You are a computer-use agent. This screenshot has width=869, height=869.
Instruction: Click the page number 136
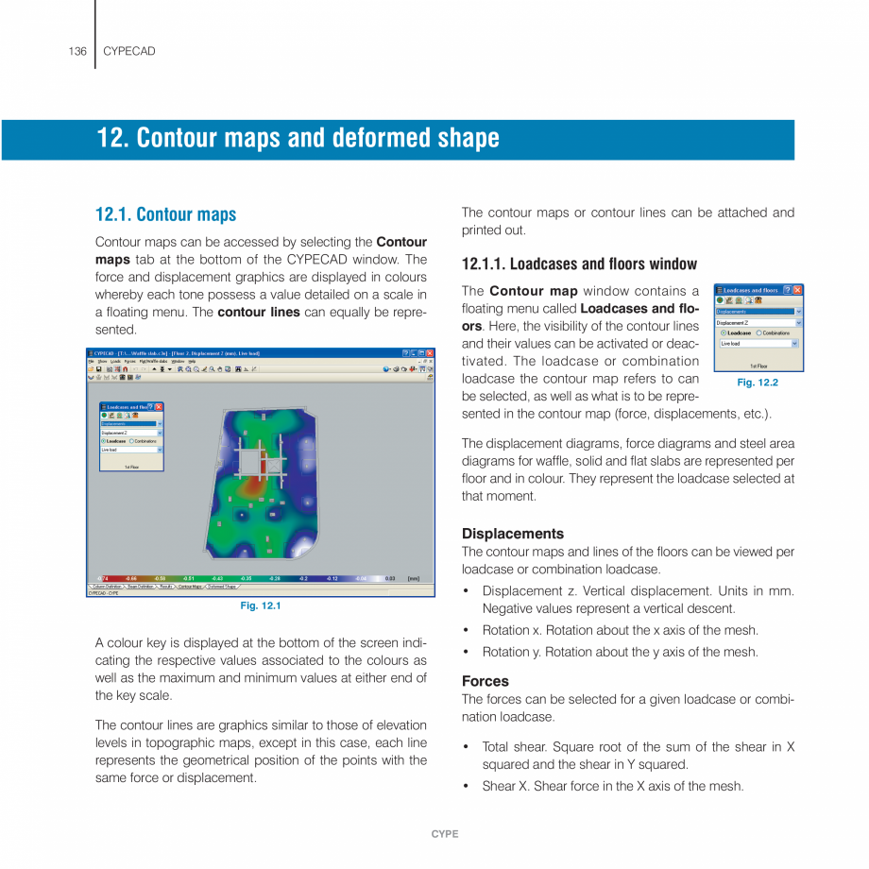click(x=77, y=51)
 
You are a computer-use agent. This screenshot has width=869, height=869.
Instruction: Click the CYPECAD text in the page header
click(x=128, y=51)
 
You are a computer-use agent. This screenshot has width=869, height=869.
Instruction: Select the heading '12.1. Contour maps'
click(x=165, y=214)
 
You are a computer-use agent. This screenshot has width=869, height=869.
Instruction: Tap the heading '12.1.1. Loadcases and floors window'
click(x=578, y=264)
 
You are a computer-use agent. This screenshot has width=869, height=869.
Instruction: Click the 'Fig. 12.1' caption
click(x=260, y=605)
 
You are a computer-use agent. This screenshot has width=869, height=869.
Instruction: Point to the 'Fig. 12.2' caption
click(x=757, y=383)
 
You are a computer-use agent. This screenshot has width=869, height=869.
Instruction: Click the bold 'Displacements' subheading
click(x=512, y=534)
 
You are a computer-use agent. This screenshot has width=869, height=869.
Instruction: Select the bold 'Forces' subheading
click(x=485, y=681)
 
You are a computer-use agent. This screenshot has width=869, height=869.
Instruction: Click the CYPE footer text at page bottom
click(x=444, y=834)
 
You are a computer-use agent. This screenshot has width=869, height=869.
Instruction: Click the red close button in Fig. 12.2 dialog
click(x=797, y=290)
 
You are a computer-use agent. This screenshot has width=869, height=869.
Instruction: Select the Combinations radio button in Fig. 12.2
click(x=758, y=332)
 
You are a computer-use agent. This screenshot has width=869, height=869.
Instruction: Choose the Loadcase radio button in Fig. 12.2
click(x=724, y=332)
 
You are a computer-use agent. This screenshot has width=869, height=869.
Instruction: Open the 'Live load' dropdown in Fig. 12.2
click(x=795, y=344)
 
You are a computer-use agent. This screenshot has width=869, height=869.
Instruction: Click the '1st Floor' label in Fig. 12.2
click(x=758, y=366)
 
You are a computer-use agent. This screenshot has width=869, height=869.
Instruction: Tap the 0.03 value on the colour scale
click(x=390, y=578)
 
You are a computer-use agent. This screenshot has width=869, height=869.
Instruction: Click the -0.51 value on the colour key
click(x=189, y=578)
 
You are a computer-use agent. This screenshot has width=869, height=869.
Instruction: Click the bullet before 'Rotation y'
click(x=467, y=653)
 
